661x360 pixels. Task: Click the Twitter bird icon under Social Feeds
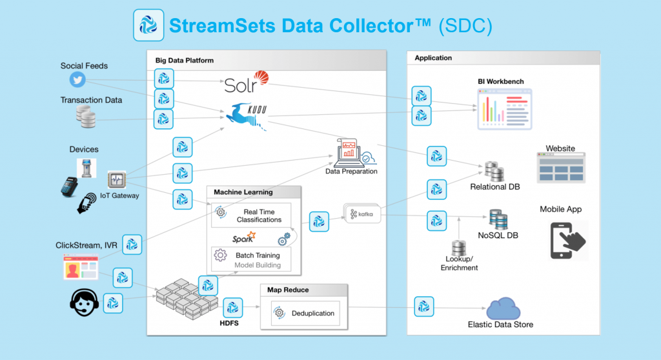pyautogui.click(x=78, y=79)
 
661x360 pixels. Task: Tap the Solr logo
pyautogui.click(x=245, y=83)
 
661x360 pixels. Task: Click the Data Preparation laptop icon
pyautogui.click(x=351, y=152)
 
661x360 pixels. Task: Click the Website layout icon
pyautogui.click(x=560, y=168)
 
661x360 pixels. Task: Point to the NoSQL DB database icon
pyautogui.click(x=498, y=219)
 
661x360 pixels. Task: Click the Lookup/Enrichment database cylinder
pyautogui.click(x=459, y=248)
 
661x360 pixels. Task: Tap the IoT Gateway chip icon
pyautogui.click(x=117, y=180)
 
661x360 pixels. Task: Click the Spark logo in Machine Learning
pyautogui.click(x=245, y=238)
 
